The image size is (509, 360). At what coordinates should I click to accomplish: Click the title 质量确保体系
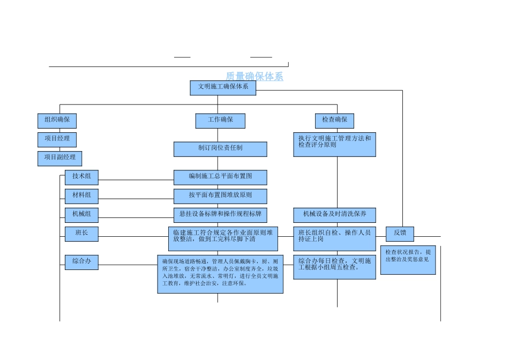254,77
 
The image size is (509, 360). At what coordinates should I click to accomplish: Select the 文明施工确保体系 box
223,88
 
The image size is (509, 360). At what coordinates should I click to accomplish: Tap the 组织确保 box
57,121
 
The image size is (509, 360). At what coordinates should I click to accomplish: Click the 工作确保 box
220,121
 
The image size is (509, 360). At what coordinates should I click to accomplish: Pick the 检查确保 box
334,121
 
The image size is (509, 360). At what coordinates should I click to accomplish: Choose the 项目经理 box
57,139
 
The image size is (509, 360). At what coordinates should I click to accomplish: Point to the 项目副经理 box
59,159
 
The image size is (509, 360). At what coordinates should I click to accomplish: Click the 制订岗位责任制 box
220,149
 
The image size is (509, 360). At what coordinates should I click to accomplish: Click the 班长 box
81,234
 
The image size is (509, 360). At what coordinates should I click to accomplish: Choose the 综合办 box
81,262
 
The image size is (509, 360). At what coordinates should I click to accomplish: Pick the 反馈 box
400,234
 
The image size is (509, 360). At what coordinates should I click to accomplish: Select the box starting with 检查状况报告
408,260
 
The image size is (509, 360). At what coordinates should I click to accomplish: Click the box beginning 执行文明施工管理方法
334,145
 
